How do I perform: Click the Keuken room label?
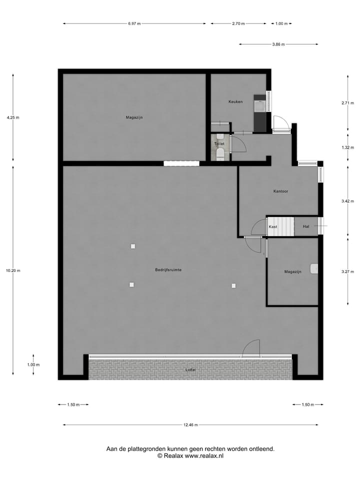click(235, 102)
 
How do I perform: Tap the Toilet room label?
click(219, 144)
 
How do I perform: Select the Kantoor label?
click(280, 191)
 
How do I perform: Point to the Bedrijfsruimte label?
click(168, 270)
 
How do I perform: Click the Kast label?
click(273, 227)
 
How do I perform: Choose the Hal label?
click(306, 227)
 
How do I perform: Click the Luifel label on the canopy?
click(190, 370)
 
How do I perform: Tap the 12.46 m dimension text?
click(190, 425)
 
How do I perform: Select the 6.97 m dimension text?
click(134, 23)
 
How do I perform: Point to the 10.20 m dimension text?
click(13, 270)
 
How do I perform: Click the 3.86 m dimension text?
click(278, 44)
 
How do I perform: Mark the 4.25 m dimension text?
click(13, 117)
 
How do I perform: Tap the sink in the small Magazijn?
click(314, 269)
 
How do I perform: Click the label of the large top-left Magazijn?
click(134, 117)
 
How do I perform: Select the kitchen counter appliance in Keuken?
click(260, 106)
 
